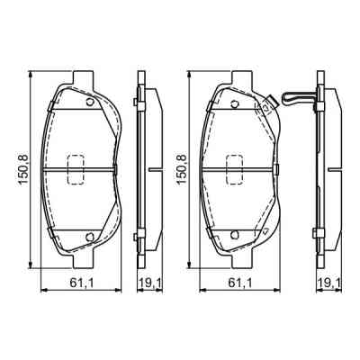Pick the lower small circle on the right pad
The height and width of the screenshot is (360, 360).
click(236, 236)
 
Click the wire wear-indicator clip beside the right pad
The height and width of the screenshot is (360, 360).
click(293, 97)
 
